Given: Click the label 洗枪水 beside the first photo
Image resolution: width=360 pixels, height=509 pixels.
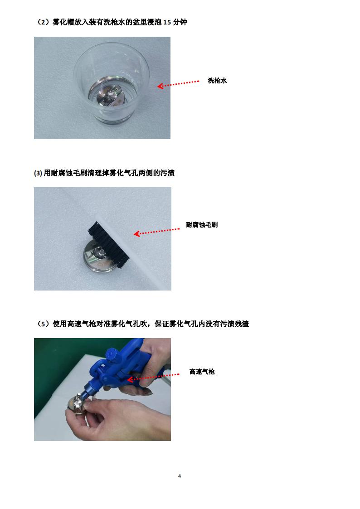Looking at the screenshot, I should (x=217, y=81).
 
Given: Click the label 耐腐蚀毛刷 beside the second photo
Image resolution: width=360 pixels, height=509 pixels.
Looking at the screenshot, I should (x=202, y=225).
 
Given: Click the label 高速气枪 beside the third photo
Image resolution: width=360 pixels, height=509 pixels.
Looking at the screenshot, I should (x=202, y=372).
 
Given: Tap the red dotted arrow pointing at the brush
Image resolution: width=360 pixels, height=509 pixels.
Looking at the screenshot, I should (x=156, y=232).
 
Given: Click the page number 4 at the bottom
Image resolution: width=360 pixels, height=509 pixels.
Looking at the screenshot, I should (x=180, y=476).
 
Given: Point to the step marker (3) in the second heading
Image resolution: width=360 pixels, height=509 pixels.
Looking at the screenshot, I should (x=38, y=173).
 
